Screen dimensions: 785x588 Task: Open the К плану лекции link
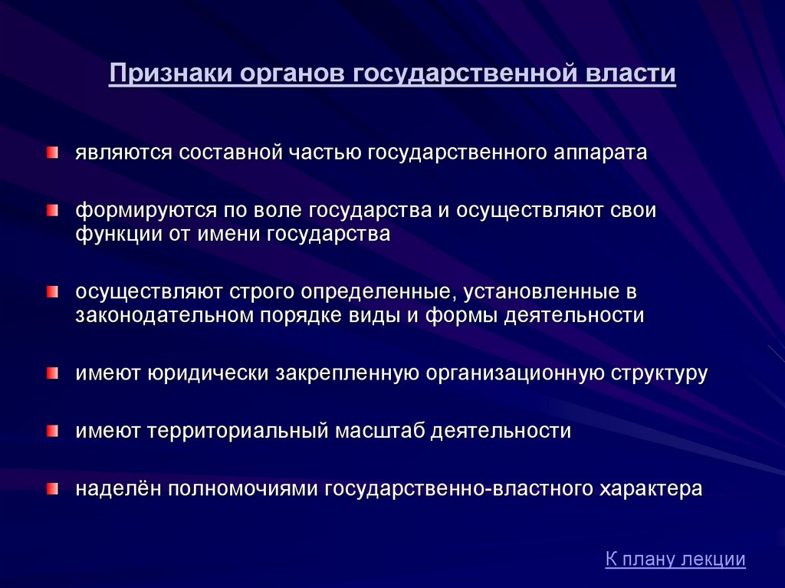(x=675, y=558)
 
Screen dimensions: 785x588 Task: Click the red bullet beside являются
(x=53, y=153)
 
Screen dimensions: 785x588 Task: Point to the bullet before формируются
(x=53, y=210)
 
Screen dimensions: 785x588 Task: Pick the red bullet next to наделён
(x=53, y=488)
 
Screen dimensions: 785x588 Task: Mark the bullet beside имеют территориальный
(x=53, y=431)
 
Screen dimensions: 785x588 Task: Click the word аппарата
(x=600, y=153)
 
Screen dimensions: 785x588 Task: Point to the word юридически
(x=209, y=373)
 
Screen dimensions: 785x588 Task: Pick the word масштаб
(x=379, y=431)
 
